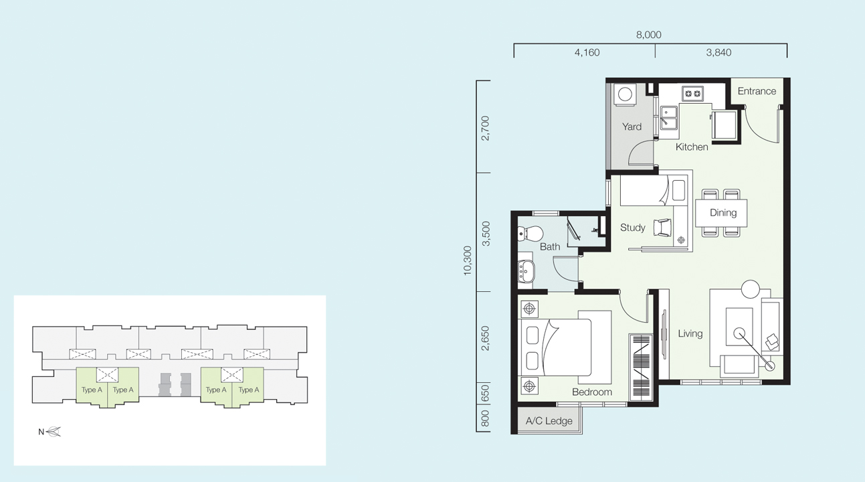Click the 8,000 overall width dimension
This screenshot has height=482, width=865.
[649, 35]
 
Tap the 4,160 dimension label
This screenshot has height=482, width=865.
[587, 53]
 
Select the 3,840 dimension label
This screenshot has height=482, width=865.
[718, 53]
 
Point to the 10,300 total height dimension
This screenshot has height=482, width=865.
[468, 261]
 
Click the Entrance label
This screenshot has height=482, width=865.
[757, 91]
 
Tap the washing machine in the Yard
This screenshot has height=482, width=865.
[625, 94]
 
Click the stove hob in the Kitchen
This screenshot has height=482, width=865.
[692, 94]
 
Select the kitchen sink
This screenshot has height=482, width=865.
[669, 118]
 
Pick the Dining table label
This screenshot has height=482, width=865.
[723, 213]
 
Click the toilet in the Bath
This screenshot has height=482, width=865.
[531, 234]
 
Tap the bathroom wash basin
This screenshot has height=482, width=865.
[526, 271]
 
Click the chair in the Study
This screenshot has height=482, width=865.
[662, 228]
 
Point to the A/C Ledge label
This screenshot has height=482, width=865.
[549, 421]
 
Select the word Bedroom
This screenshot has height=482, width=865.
[591, 392]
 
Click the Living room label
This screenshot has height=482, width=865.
[690, 333]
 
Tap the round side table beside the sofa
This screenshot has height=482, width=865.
[751, 289]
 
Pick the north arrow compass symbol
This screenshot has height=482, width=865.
[54, 432]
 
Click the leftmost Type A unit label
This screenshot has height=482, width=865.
[92, 390]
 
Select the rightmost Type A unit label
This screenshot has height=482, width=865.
[248, 390]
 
